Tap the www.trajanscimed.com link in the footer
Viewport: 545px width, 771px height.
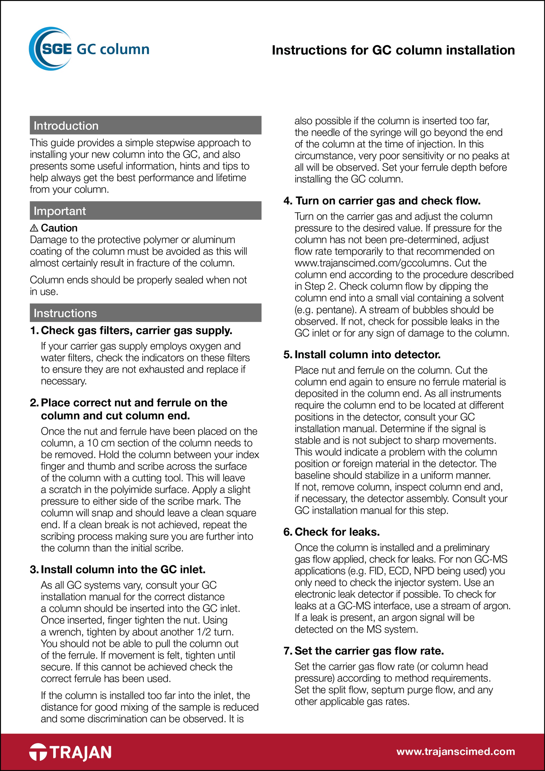(x=455, y=751)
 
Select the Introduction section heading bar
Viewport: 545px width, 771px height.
(x=145, y=125)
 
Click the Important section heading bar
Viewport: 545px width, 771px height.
(x=145, y=211)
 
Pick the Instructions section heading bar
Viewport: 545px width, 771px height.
(x=145, y=313)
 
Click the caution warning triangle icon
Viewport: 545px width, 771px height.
(x=34, y=228)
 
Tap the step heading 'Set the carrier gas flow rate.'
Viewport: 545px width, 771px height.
(x=369, y=650)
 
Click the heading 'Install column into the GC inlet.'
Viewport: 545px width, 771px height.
(x=123, y=569)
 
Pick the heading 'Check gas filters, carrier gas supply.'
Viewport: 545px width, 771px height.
(x=136, y=331)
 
